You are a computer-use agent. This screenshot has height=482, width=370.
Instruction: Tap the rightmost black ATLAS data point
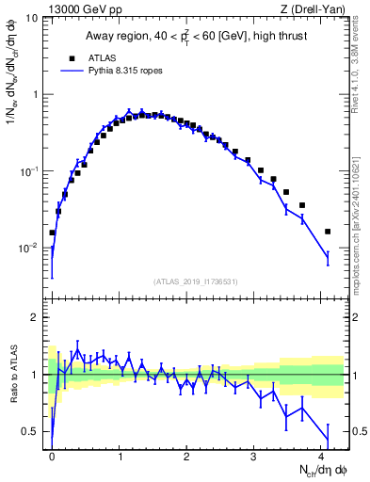tap(328, 232)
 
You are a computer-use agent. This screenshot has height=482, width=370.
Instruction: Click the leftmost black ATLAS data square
tap(53, 233)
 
